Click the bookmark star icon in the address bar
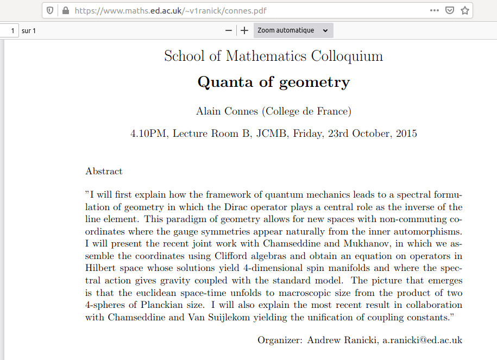pos(464,10)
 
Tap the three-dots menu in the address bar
pos(435,10)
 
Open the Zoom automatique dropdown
pos(293,30)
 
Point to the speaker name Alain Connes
pos(227,112)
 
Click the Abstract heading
pos(104,172)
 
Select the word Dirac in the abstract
pos(236,207)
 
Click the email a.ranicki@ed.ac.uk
pos(422,340)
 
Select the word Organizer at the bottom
pos(280,340)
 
